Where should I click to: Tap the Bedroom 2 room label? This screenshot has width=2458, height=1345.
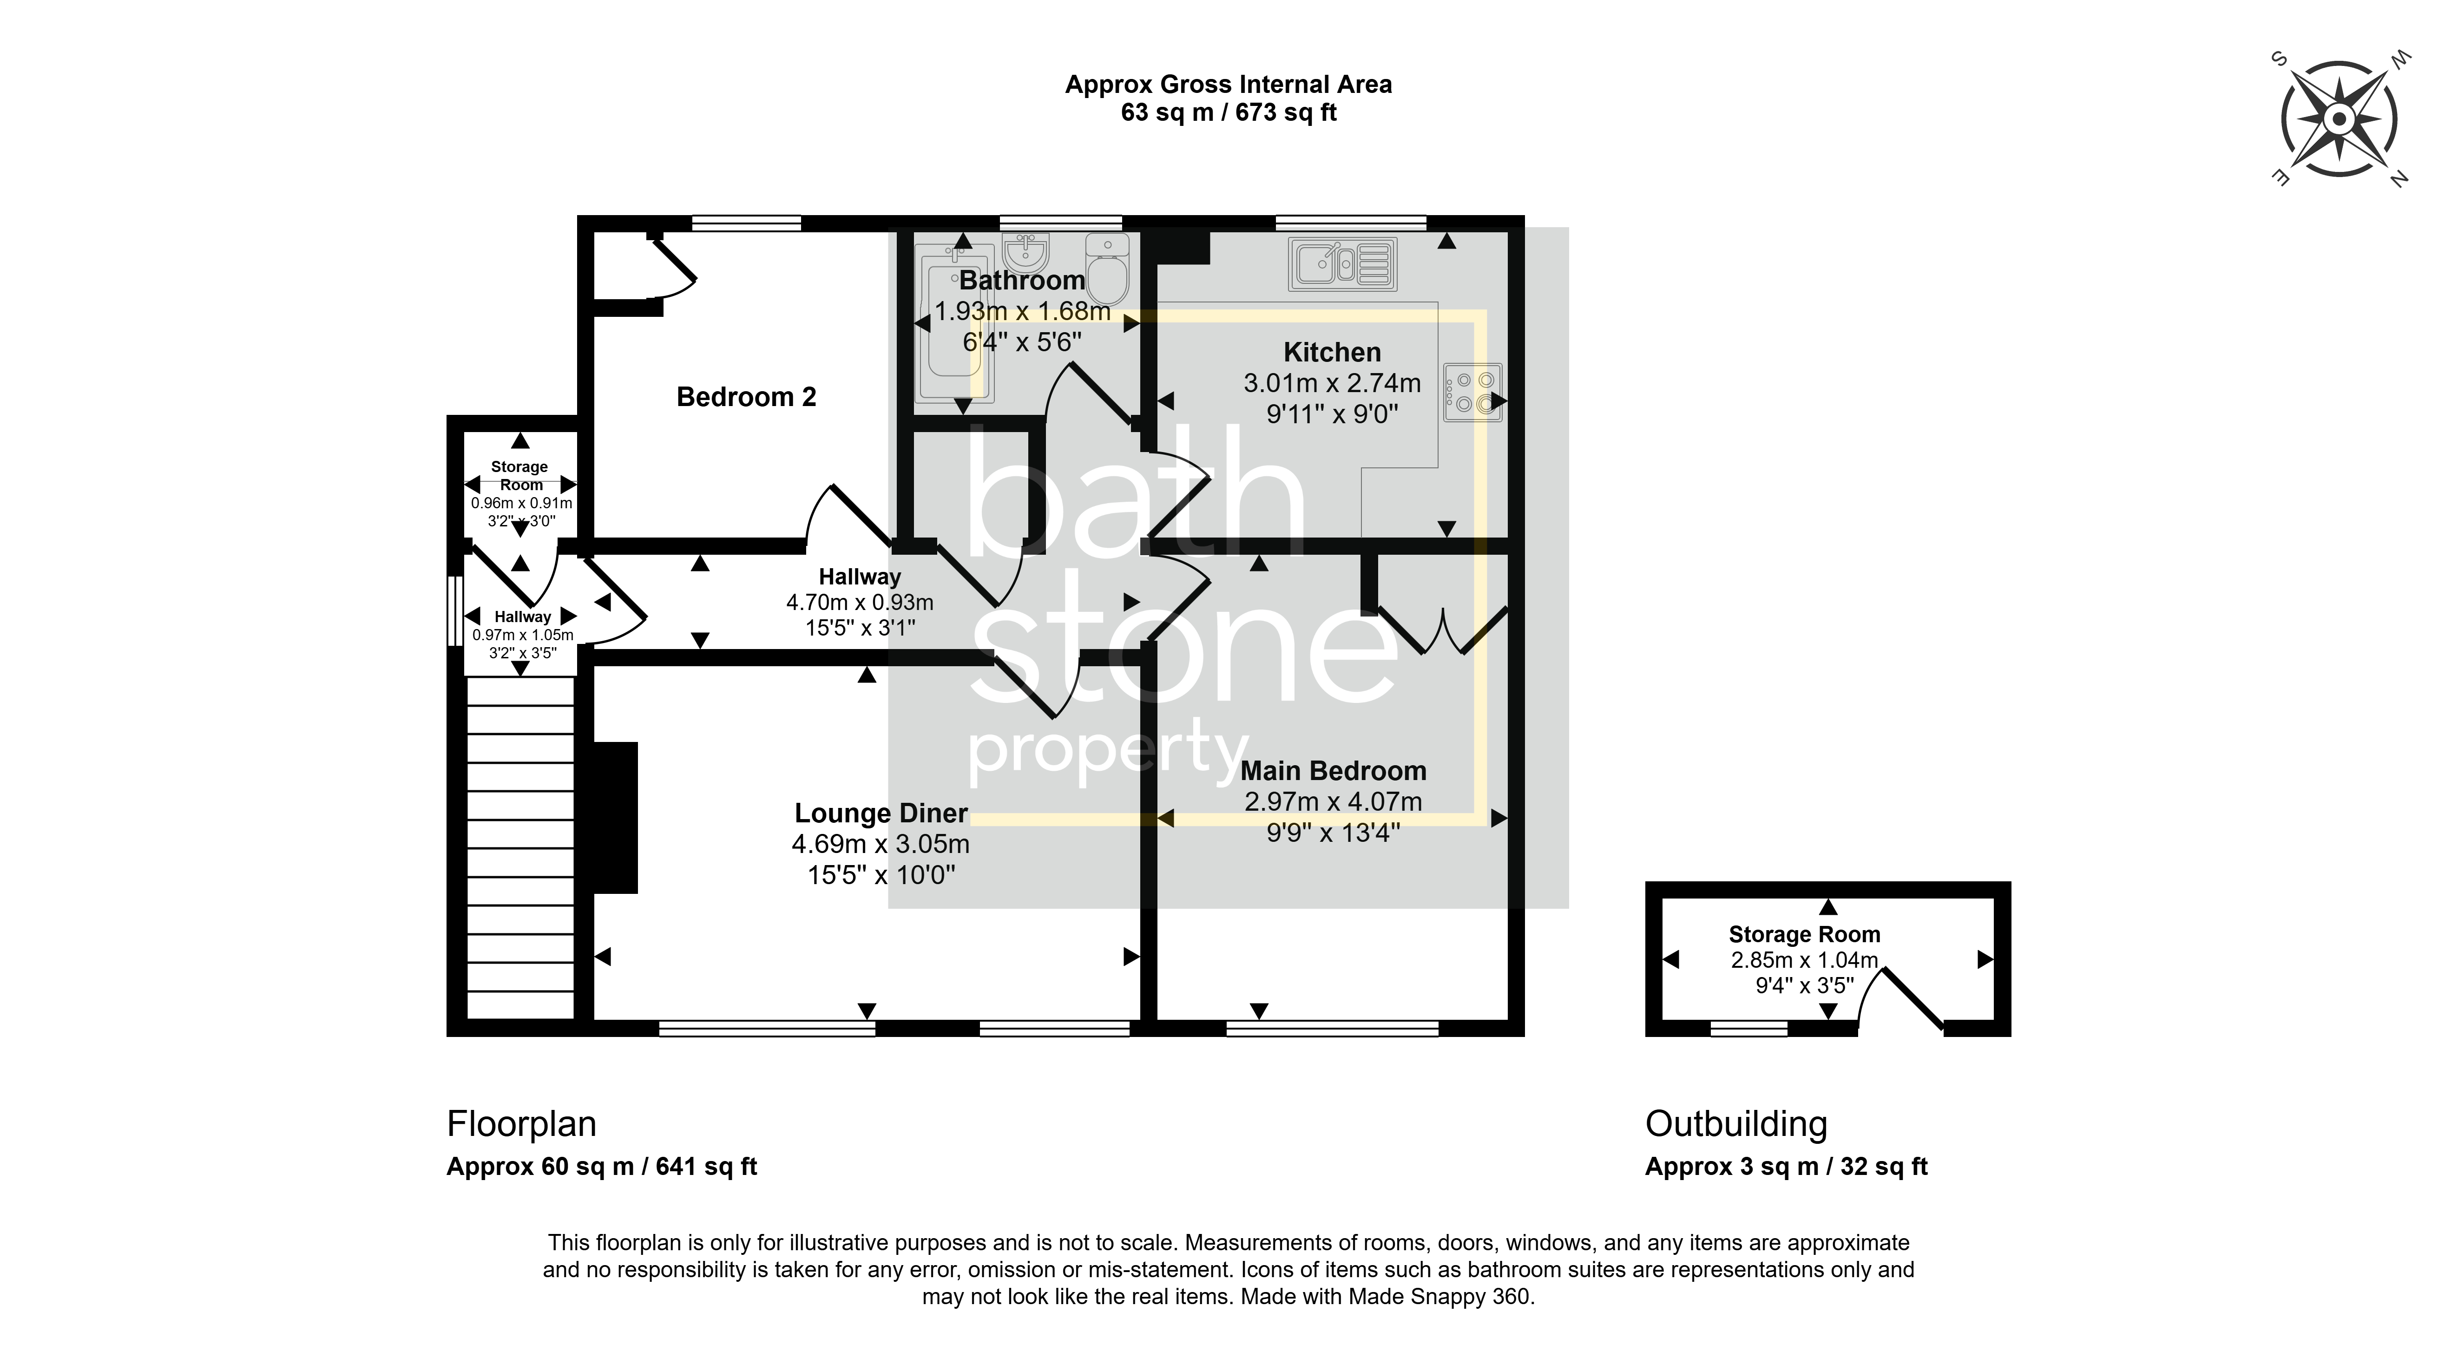click(x=746, y=397)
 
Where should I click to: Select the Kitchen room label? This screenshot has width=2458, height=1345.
click(x=1332, y=352)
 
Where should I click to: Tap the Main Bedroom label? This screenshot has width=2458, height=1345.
click(x=1333, y=771)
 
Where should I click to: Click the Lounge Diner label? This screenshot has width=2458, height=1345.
click(x=881, y=814)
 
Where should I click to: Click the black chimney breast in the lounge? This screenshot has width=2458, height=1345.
click(x=616, y=818)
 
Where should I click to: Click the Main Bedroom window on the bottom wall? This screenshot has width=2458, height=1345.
click(x=1332, y=1028)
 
